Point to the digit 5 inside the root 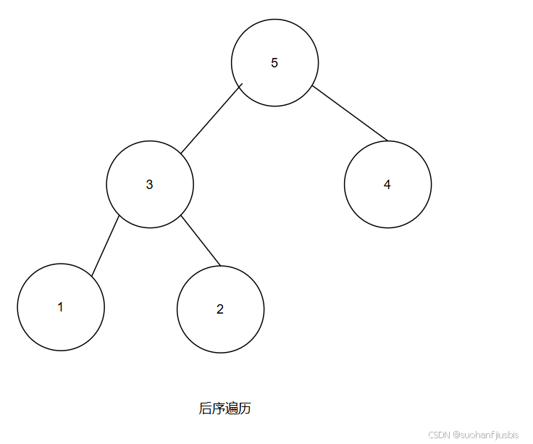coord(274,63)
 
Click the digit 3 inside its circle coord(150,185)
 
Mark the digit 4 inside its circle coord(387,185)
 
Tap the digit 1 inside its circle coord(61,307)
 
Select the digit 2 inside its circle coord(220,309)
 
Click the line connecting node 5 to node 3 coord(211,120)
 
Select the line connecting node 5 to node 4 coord(350,113)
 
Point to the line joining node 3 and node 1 coord(105,246)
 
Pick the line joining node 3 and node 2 coord(201,240)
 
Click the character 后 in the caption coord(206,409)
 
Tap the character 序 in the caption coord(219,409)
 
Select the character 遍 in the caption coord(232,409)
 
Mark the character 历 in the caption coord(245,409)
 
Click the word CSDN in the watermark coord(440,435)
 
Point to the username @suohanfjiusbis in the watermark coord(486,435)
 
